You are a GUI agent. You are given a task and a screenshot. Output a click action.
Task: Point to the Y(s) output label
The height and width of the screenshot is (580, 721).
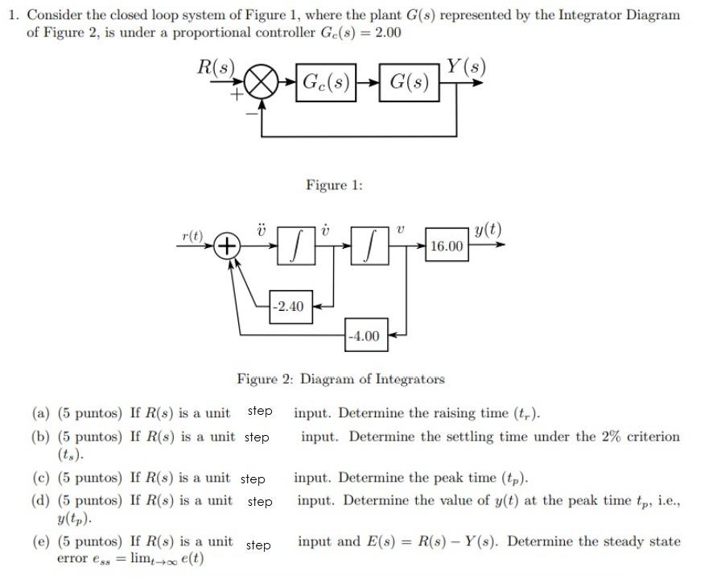tap(467, 65)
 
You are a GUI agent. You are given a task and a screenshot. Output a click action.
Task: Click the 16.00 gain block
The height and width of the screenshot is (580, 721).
tap(447, 246)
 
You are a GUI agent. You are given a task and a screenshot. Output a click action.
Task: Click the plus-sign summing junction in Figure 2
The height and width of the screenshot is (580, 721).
tap(229, 245)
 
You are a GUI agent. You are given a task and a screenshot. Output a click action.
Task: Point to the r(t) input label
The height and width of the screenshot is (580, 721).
tap(192, 235)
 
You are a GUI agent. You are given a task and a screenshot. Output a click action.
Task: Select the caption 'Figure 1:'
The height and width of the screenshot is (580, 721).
tap(334, 186)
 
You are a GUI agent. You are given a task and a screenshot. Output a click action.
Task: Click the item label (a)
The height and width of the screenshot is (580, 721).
tap(41, 414)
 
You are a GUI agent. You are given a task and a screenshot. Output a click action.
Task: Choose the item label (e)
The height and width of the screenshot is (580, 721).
tap(41, 541)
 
